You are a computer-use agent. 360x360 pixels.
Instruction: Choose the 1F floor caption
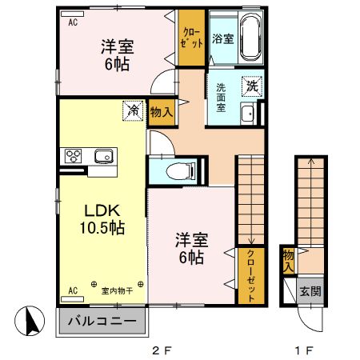pyautogui.click(x=303, y=350)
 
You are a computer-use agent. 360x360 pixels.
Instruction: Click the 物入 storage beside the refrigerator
pyautogui.click(x=161, y=112)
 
